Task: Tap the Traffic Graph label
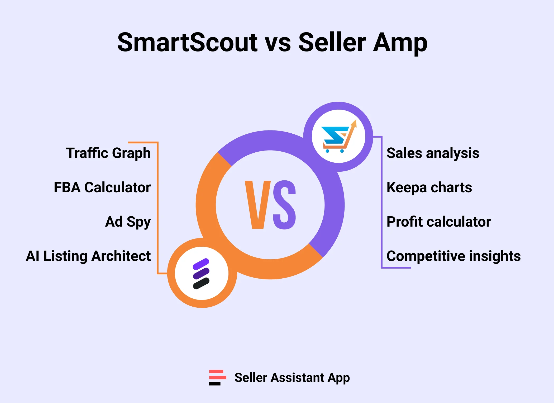click(x=108, y=153)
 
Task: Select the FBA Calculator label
click(x=102, y=188)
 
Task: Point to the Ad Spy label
click(x=128, y=222)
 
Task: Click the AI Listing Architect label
click(x=88, y=256)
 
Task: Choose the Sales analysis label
click(x=433, y=153)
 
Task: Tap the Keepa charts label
click(x=429, y=188)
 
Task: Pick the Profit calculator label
click(x=439, y=222)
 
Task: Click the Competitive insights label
click(x=453, y=256)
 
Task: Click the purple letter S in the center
click(x=284, y=205)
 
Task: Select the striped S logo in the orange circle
click(x=202, y=273)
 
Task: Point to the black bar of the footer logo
click(x=215, y=383)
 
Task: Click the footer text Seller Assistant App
click(x=292, y=378)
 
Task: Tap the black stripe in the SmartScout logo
click(x=201, y=283)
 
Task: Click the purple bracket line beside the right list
click(x=381, y=203)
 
